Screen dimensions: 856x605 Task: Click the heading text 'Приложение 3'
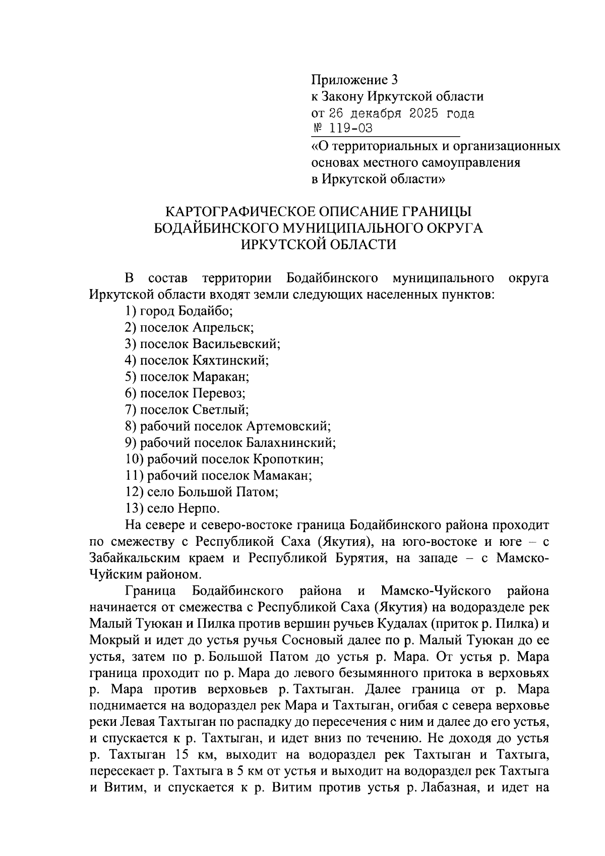[x=354, y=79]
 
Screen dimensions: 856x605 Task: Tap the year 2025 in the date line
[x=423, y=112]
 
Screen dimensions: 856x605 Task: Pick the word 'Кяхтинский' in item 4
[x=230, y=360]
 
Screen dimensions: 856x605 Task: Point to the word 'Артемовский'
[x=288, y=426]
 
